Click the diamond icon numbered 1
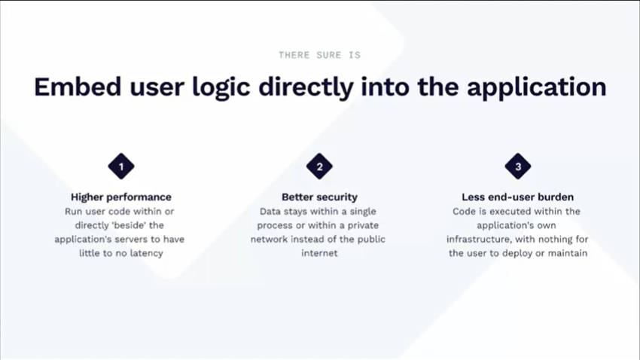(121, 166)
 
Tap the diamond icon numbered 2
(319, 166)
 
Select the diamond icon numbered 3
(518, 166)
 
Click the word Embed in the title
(78, 87)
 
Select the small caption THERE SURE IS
(319, 55)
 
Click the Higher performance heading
(121, 197)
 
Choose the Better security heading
(319, 197)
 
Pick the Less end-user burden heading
(517, 197)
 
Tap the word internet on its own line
(319, 253)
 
